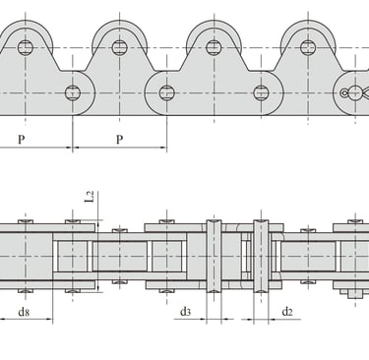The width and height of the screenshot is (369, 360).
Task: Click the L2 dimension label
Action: [x=90, y=197]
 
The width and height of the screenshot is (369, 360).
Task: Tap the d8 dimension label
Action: [x=24, y=312]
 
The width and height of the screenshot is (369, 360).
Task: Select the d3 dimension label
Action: [x=185, y=312]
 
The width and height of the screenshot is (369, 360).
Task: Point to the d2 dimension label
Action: [x=287, y=312]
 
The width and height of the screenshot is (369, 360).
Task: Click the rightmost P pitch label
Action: [x=119, y=140]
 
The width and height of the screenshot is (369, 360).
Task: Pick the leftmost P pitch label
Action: [x=22, y=140]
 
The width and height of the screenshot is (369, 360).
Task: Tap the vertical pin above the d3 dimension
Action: [x=214, y=256]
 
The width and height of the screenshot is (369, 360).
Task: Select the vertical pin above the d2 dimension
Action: [x=261, y=256]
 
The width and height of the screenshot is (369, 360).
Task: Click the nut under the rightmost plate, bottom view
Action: [x=353, y=293]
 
